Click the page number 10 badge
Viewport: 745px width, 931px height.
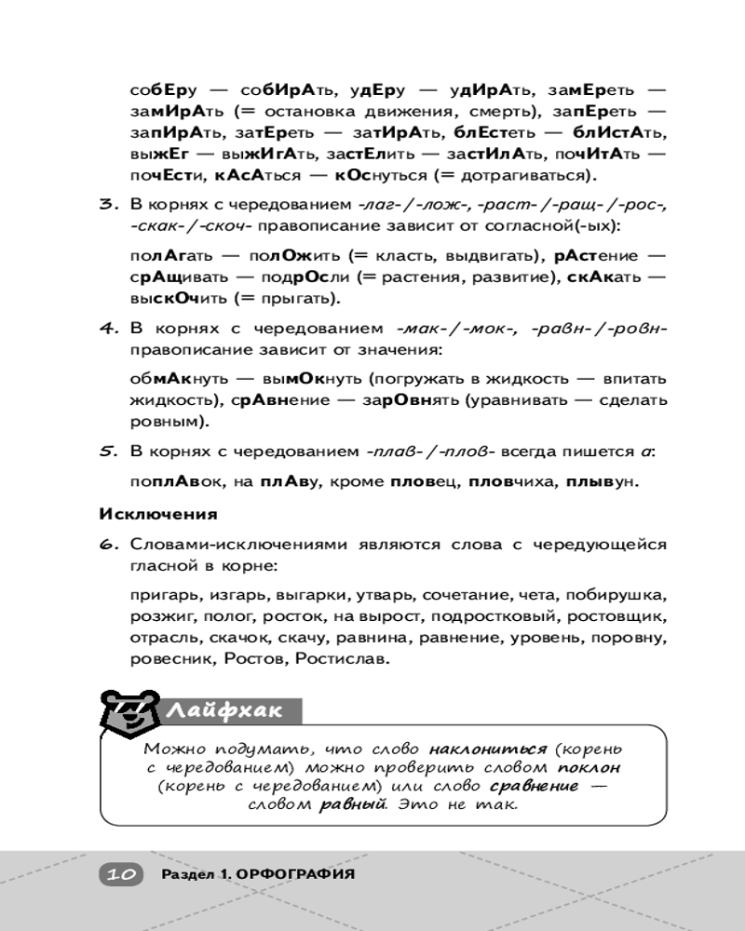coord(119,874)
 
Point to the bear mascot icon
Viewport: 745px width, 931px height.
coord(132,711)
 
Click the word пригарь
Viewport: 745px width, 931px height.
coord(162,594)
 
